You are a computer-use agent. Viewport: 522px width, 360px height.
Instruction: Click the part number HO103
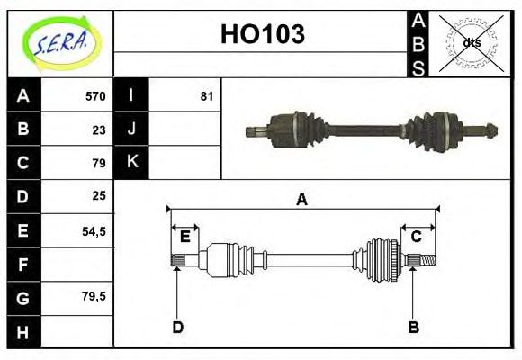pyautogui.click(x=263, y=35)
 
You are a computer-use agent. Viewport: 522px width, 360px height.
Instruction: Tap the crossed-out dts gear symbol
pyautogui.click(x=470, y=42)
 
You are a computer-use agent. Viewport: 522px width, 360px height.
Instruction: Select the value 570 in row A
pyautogui.click(x=94, y=96)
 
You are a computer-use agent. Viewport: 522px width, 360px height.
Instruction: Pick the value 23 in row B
pyautogui.click(x=99, y=130)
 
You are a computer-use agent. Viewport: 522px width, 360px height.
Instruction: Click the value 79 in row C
pyautogui.click(x=99, y=163)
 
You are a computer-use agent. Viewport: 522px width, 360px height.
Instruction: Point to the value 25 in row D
pyautogui.click(x=99, y=195)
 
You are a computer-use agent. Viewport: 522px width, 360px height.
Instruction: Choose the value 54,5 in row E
pyautogui.click(x=94, y=230)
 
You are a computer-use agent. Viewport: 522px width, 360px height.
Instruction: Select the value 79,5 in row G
pyautogui.click(x=94, y=295)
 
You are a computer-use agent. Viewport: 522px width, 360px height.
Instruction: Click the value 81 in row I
pyautogui.click(x=206, y=96)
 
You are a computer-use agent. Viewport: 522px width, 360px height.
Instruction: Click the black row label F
pyautogui.click(x=23, y=264)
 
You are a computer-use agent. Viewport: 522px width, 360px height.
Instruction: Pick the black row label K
pyautogui.click(x=132, y=162)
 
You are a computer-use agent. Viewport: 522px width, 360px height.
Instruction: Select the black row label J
pyautogui.click(x=132, y=129)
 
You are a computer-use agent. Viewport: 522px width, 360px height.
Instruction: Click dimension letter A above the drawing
pyautogui.click(x=302, y=199)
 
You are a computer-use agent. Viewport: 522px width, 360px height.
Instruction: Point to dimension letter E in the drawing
pyautogui.click(x=184, y=237)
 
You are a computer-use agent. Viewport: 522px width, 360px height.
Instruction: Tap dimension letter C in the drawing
pyautogui.click(x=417, y=237)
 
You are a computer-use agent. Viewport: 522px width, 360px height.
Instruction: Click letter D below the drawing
pyautogui.click(x=177, y=328)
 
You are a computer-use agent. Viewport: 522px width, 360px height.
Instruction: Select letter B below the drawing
pyautogui.click(x=414, y=328)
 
